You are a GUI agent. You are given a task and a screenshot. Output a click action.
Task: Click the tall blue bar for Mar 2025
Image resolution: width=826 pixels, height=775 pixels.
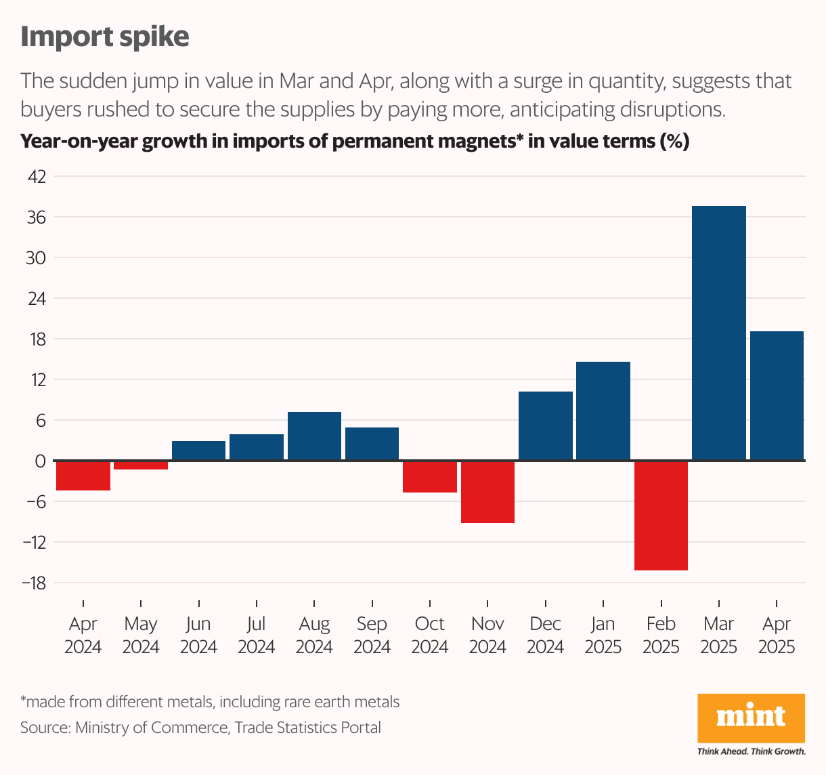[x=718, y=333]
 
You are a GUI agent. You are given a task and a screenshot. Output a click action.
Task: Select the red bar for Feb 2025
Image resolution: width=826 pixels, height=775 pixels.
[x=661, y=516]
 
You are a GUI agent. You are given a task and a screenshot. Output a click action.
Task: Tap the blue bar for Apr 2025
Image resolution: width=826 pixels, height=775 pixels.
[x=777, y=396]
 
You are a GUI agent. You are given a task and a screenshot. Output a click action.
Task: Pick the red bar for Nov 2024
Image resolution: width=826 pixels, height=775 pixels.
[x=487, y=492]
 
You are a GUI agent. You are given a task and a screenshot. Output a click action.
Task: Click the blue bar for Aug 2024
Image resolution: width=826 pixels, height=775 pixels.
[x=314, y=436]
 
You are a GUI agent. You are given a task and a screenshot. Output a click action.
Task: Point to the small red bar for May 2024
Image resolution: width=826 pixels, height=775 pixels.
[x=141, y=465]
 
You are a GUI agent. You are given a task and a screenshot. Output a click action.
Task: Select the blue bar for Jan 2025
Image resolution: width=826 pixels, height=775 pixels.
[x=603, y=411]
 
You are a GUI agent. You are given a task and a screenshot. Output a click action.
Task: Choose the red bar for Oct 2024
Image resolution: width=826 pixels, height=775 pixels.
[x=430, y=477]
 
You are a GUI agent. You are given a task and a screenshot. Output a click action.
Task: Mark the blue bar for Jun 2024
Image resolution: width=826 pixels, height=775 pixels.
[x=198, y=451]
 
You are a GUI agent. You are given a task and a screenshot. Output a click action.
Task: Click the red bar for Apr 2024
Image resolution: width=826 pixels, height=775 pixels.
[x=83, y=476]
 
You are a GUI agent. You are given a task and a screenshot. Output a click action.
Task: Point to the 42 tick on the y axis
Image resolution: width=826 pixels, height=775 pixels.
[x=36, y=177]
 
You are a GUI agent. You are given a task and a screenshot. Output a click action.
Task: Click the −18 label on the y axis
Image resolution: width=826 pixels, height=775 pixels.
[x=33, y=583]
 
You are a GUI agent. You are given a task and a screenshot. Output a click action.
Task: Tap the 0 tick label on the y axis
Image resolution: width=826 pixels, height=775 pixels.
[x=40, y=461]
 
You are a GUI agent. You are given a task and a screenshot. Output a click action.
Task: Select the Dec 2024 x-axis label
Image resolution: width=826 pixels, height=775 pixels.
[x=546, y=635]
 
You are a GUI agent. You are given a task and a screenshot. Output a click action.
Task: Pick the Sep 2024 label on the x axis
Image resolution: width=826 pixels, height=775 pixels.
[x=372, y=635]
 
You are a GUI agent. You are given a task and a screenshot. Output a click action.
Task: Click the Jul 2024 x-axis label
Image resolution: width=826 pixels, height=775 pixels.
[x=257, y=635]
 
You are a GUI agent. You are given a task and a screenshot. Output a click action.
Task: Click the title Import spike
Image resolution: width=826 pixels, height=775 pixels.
[x=105, y=37]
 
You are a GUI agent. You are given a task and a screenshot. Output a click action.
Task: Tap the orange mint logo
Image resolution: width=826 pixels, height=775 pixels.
[x=751, y=717]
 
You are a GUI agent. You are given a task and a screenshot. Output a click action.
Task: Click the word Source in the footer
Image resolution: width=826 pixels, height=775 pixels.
[x=45, y=728]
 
